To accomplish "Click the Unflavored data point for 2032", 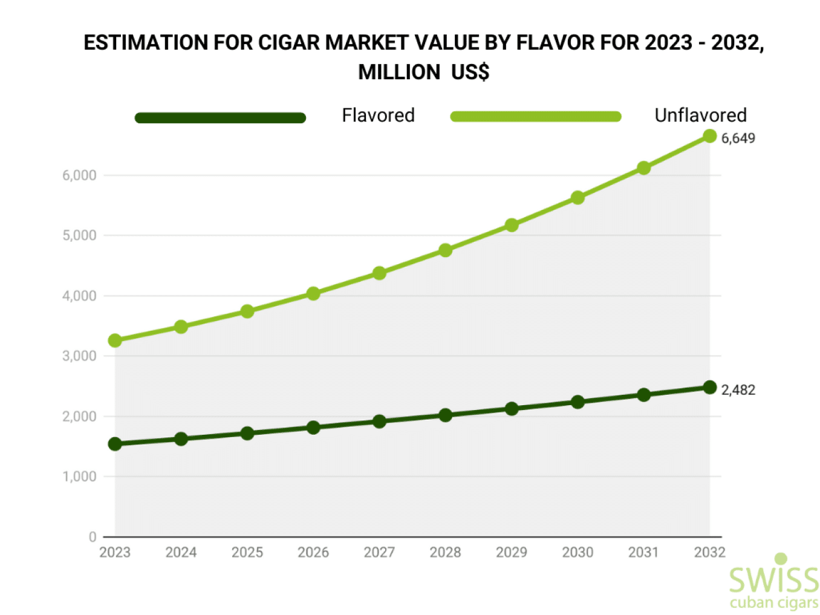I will tap(709, 136).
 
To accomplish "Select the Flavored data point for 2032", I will tap(709, 387).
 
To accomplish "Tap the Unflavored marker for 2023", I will tap(115, 340).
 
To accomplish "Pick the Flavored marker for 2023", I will tap(115, 444).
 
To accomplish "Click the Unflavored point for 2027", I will tap(379, 273).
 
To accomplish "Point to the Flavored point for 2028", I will tap(445, 415).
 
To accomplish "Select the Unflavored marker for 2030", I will tap(578, 198).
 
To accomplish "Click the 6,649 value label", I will tap(738, 138).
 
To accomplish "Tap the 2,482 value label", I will tap(738, 390).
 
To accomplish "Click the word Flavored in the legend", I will tap(378, 116).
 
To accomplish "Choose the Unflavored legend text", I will tap(700, 116).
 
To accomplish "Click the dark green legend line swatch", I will tap(220, 117).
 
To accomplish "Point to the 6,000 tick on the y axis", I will tap(79, 175).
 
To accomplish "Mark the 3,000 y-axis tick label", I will tap(79, 356).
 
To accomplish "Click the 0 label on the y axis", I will tap(93, 537).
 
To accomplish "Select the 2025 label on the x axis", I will tap(247, 552).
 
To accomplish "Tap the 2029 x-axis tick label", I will tap(511, 552).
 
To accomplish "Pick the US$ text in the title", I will tap(470, 72).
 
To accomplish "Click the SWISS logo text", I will tap(773, 580).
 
